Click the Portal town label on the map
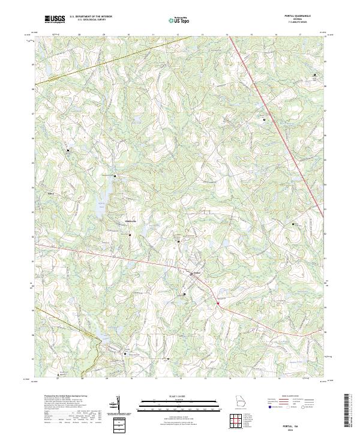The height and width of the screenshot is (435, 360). (196, 274)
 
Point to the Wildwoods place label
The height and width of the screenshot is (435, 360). (130, 221)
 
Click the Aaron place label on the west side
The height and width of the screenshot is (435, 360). (51, 194)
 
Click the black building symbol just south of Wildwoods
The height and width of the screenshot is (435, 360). (130, 235)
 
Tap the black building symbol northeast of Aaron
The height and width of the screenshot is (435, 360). (68, 150)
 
